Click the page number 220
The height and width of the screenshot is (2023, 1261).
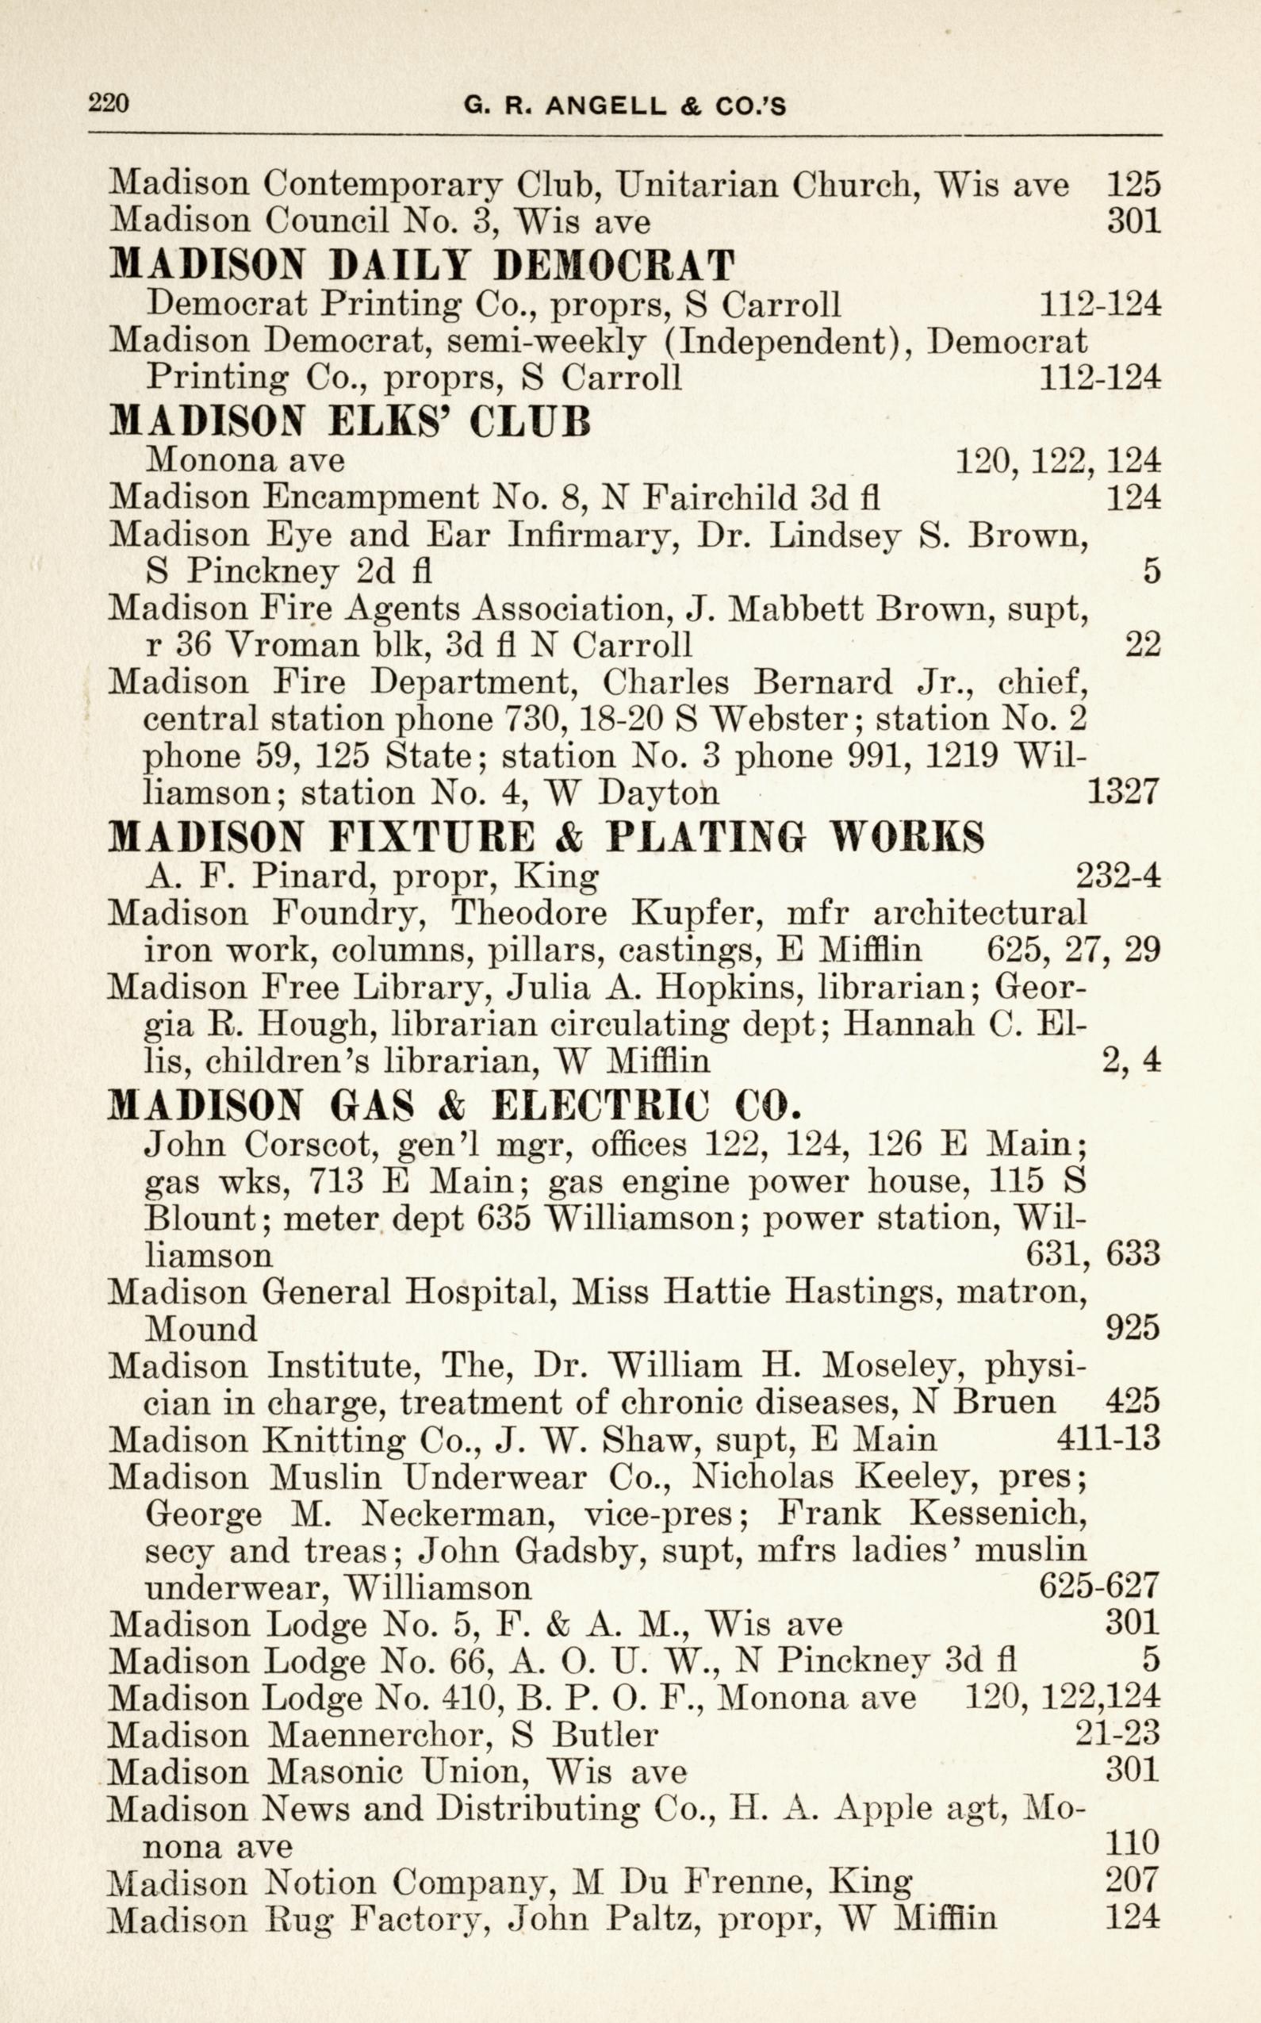coord(109,104)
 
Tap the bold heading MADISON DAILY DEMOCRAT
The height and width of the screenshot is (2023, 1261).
coord(423,264)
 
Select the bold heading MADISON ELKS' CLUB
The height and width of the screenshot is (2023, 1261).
coord(351,421)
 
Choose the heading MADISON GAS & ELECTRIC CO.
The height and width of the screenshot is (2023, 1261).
coord(455,1105)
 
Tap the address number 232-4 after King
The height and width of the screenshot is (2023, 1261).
coord(1118,876)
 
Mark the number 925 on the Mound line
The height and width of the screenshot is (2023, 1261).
coord(1132,1328)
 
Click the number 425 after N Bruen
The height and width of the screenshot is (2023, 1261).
coord(1132,1402)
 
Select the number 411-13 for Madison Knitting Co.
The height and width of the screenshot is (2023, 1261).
coord(1109,1439)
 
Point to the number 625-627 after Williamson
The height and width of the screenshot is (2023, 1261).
coord(1100,1586)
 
